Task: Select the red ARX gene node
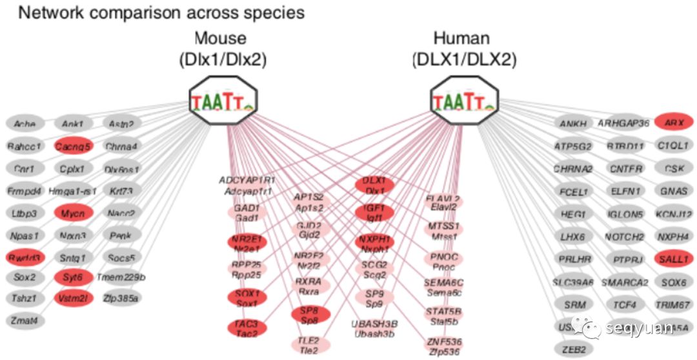click(x=674, y=122)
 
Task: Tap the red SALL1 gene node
click(x=674, y=259)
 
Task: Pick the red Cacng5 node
click(x=73, y=146)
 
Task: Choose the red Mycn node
click(x=73, y=212)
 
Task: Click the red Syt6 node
click(x=73, y=278)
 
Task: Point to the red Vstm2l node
click(x=73, y=298)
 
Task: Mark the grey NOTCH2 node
click(x=625, y=237)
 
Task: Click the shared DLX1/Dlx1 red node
click(x=374, y=186)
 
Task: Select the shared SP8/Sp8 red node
click(x=310, y=315)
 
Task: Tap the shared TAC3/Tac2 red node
click(x=247, y=328)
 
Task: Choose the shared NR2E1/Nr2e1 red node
click(x=247, y=243)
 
